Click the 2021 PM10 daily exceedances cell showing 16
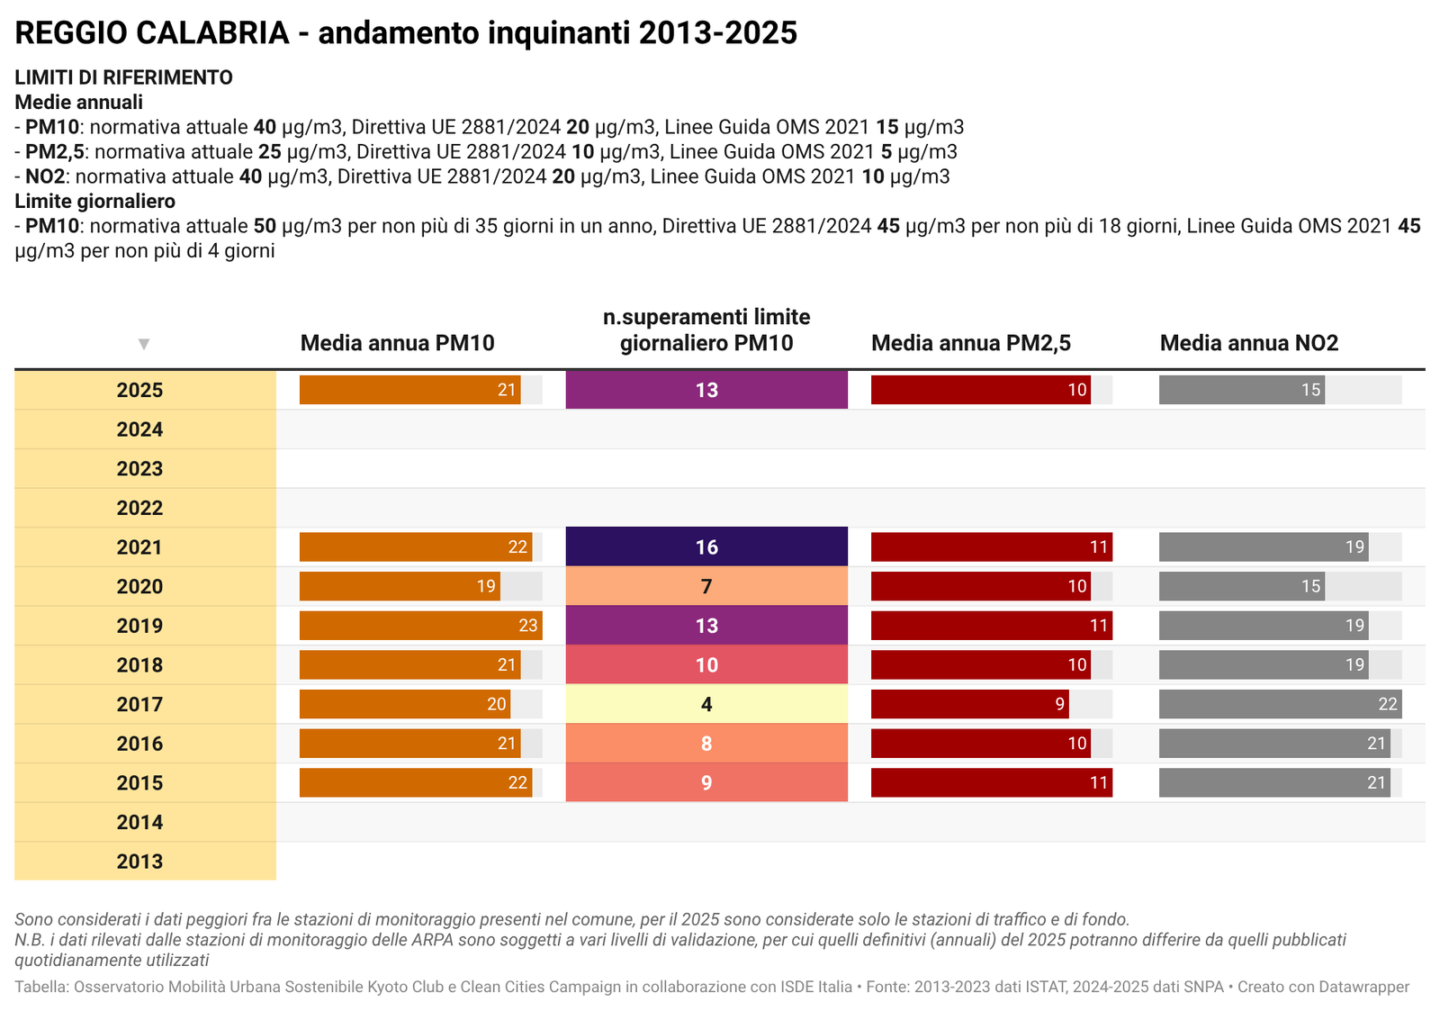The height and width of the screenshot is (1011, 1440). pyautogui.click(x=706, y=546)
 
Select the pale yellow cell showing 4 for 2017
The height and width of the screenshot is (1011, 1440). pyautogui.click(x=706, y=704)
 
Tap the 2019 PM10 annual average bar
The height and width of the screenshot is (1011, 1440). pyautogui.click(x=420, y=626)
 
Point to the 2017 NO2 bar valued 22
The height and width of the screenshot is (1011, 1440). pyautogui.click(x=1280, y=704)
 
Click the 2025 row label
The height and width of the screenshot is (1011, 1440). pyautogui.click(x=140, y=390)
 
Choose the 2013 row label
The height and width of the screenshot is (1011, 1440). pyautogui.click(x=140, y=862)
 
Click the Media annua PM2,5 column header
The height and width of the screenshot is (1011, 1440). pyautogui.click(x=971, y=343)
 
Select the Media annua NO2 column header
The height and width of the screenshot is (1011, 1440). pyautogui.click(x=1249, y=343)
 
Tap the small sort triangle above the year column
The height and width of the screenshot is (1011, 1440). pyautogui.click(x=144, y=344)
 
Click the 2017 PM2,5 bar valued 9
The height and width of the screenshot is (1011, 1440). pyautogui.click(x=969, y=704)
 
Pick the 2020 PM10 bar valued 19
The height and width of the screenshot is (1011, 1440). pyautogui.click(x=400, y=586)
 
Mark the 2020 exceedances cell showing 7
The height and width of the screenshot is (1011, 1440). pyautogui.click(x=706, y=586)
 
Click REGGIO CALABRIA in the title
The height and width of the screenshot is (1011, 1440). pyautogui.click(x=152, y=33)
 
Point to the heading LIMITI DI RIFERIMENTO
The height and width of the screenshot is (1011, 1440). pyautogui.click(x=123, y=77)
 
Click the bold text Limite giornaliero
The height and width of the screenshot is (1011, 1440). pyautogui.click(x=94, y=201)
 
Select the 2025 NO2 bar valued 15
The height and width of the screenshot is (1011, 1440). pyautogui.click(x=1241, y=390)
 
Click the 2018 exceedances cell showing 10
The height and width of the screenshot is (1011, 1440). pyautogui.click(x=706, y=665)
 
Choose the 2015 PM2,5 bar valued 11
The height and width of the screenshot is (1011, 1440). pyautogui.click(x=991, y=782)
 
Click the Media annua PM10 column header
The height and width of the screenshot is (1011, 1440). pyautogui.click(x=397, y=343)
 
